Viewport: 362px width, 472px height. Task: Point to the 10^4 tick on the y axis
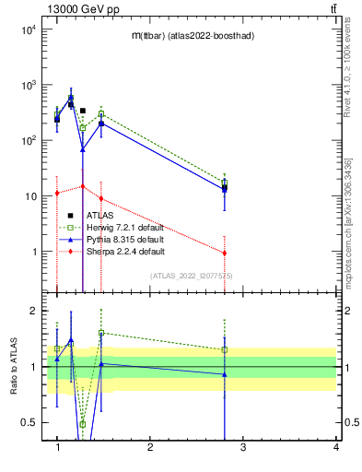(27, 29)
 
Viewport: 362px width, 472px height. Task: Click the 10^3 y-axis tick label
(27, 85)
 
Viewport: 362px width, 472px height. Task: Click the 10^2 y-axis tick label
(27, 141)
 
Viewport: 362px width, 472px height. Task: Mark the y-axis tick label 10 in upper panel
(29, 196)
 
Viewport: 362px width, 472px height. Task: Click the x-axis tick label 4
(335, 447)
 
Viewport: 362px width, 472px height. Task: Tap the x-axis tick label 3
(242, 447)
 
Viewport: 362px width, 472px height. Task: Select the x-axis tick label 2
(149, 447)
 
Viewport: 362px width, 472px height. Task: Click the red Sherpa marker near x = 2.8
(225, 253)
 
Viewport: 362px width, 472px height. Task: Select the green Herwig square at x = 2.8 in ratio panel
(225, 349)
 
